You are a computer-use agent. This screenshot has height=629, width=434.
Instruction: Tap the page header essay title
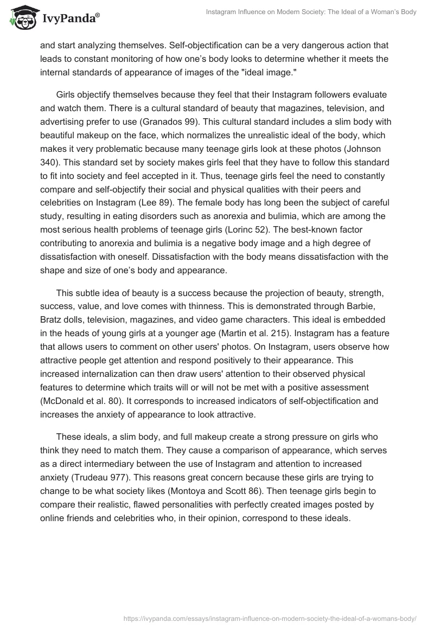tap(311, 12)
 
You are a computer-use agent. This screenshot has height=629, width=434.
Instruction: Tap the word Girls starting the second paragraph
tap(68, 95)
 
